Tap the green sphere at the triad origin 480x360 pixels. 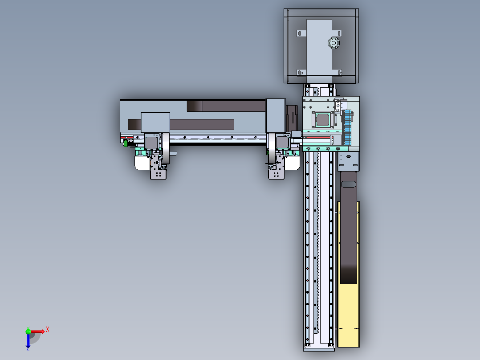tap(28, 331)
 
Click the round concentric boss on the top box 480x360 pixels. tap(333, 43)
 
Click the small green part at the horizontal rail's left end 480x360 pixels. tap(126, 143)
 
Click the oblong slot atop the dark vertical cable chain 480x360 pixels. tap(348, 184)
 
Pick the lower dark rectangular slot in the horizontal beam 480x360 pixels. tap(180, 124)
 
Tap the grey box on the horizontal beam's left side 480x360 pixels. tap(155, 122)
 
